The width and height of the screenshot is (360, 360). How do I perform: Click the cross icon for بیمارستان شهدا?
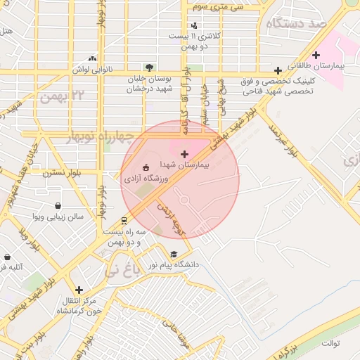pyautogui.click(x=184, y=154)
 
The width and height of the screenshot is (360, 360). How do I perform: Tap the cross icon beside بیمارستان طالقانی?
pyautogui.click(x=316, y=55)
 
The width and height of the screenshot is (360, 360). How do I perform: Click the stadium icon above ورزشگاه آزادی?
pyautogui.click(x=146, y=167)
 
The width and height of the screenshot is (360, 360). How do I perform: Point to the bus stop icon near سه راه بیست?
pyautogui.click(x=124, y=218)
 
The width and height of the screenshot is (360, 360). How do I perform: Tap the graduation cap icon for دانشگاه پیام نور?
pyautogui.click(x=174, y=255)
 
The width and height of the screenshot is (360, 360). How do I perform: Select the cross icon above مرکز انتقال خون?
pyautogui.click(x=79, y=290)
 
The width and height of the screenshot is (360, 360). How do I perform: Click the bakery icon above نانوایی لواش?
pyautogui.click(x=92, y=59)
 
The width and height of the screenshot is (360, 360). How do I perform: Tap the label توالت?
pyautogui.click(x=331, y=343)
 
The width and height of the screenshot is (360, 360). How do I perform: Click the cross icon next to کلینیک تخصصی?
pyautogui.click(x=279, y=70)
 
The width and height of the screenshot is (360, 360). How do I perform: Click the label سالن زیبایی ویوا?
pyautogui.click(x=59, y=217)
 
